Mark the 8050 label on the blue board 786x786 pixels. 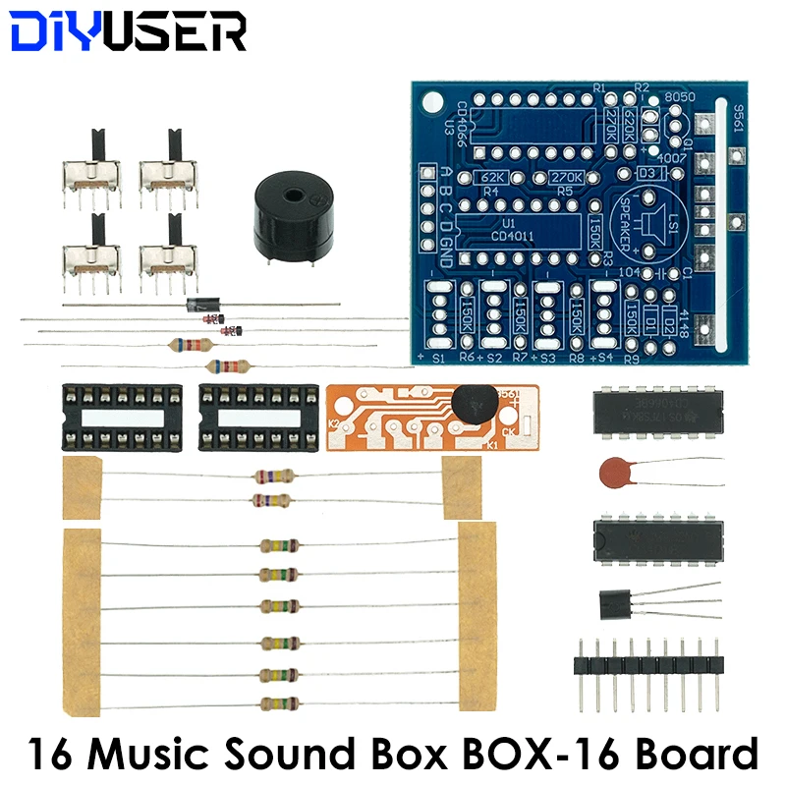(680, 97)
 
